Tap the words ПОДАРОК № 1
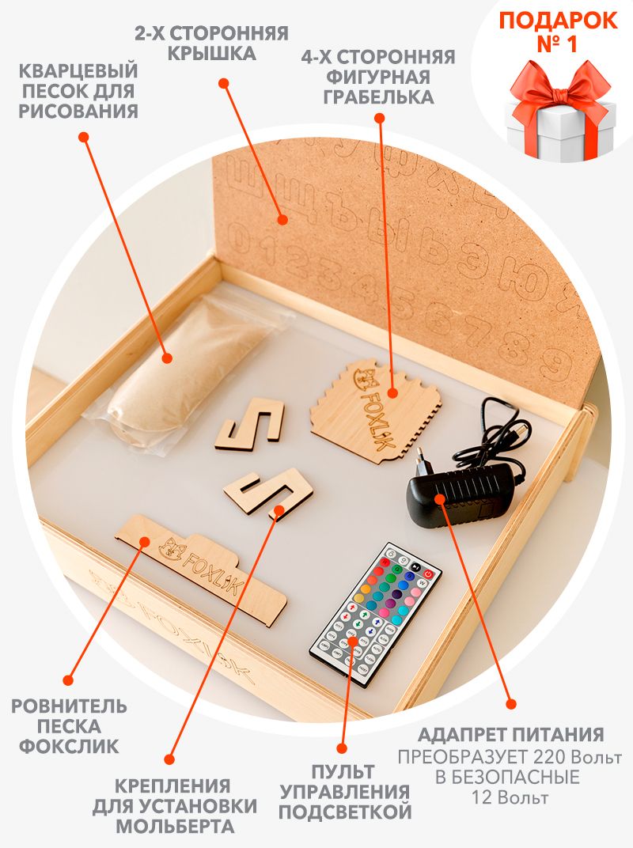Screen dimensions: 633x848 point(558,32)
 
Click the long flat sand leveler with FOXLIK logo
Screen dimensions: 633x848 point(201,569)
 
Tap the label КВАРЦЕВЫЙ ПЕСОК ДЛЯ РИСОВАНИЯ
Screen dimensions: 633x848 point(79,91)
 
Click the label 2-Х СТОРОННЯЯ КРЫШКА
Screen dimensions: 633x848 point(211,43)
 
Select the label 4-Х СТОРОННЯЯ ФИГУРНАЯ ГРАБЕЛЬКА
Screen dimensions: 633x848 point(378,77)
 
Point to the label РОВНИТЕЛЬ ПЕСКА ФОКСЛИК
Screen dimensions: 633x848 point(70,725)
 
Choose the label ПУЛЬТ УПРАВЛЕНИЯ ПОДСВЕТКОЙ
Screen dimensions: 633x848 point(345,792)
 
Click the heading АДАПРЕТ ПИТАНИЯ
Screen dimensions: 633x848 point(510,734)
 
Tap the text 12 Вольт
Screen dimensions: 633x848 point(510,797)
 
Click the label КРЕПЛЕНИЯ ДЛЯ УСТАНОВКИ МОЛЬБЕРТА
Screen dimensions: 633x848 point(175,806)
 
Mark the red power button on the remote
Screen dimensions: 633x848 point(429,574)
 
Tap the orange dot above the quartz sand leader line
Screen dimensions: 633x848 point(83,137)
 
